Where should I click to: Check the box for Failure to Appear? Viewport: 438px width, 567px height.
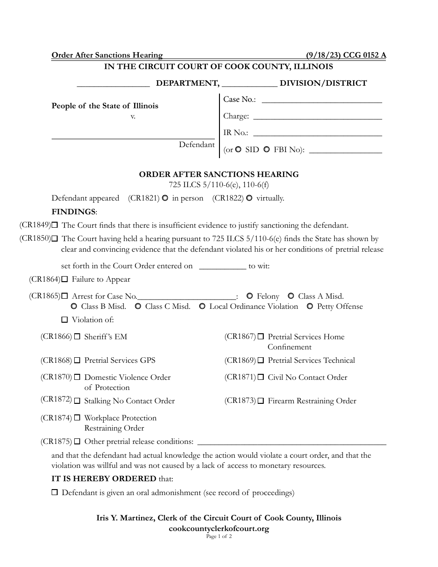[x=65, y=279]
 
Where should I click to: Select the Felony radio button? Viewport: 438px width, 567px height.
[x=249, y=296]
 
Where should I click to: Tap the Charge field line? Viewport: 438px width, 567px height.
[x=318, y=117]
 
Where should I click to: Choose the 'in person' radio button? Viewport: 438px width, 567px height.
[x=165, y=198]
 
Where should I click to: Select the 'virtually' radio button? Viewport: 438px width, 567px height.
[x=249, y=198]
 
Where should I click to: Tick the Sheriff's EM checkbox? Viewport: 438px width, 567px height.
[x=77, y=337]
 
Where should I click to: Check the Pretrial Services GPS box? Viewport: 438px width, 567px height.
[x=77, y=360]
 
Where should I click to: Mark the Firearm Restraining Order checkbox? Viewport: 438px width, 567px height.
[x=261, y=401]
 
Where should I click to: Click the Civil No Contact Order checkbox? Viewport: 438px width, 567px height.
[x=261, y=377]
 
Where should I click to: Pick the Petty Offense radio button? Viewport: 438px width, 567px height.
[x=310, y=307]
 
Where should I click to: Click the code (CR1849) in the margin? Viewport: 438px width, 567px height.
[x=35, y=225]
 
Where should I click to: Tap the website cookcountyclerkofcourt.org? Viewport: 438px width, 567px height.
[x=219, y=529]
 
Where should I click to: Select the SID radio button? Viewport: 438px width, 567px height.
[x=238, y=149]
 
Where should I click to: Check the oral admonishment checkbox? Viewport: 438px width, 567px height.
[x=54, y=492]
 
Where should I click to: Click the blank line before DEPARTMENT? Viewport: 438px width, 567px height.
[x=113, y=83]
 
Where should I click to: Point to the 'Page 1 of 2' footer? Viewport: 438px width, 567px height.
[x=219, y=537]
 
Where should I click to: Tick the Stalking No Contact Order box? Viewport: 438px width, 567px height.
[x=77, y=401]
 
